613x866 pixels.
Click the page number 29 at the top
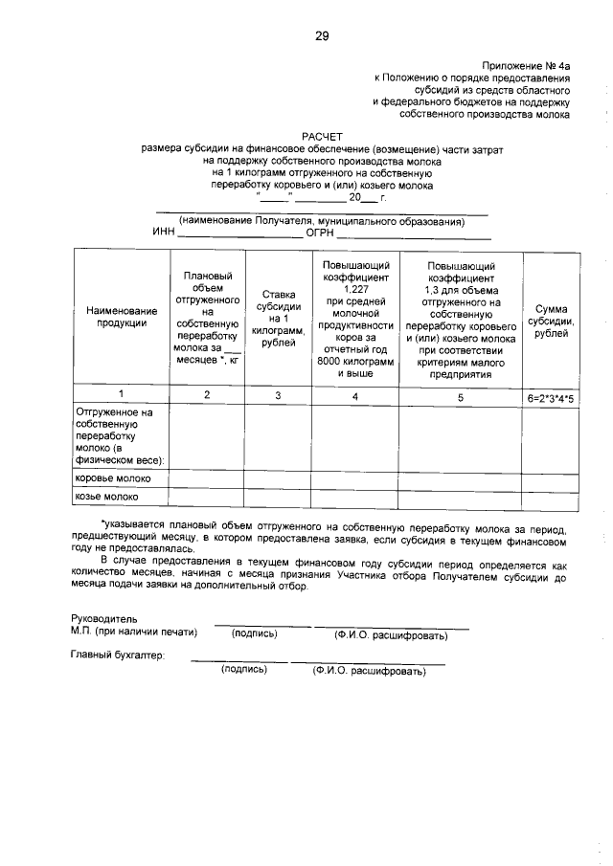(x=322, y=36)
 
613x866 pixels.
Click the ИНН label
(x=164, y=233)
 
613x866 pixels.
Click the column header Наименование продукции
(x=121, y=317)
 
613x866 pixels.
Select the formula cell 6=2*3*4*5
(x=551, y=394)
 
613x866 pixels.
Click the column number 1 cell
(x=121, y=394)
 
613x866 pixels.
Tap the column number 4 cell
(x=354, y=394)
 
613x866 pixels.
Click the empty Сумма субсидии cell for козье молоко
(x=551, y=497)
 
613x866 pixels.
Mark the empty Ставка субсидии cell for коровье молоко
(x=278, y=477)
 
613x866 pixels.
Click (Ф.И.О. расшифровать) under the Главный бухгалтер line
(x=368, y=672)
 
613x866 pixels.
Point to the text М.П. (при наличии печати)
(x=133, y=632)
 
